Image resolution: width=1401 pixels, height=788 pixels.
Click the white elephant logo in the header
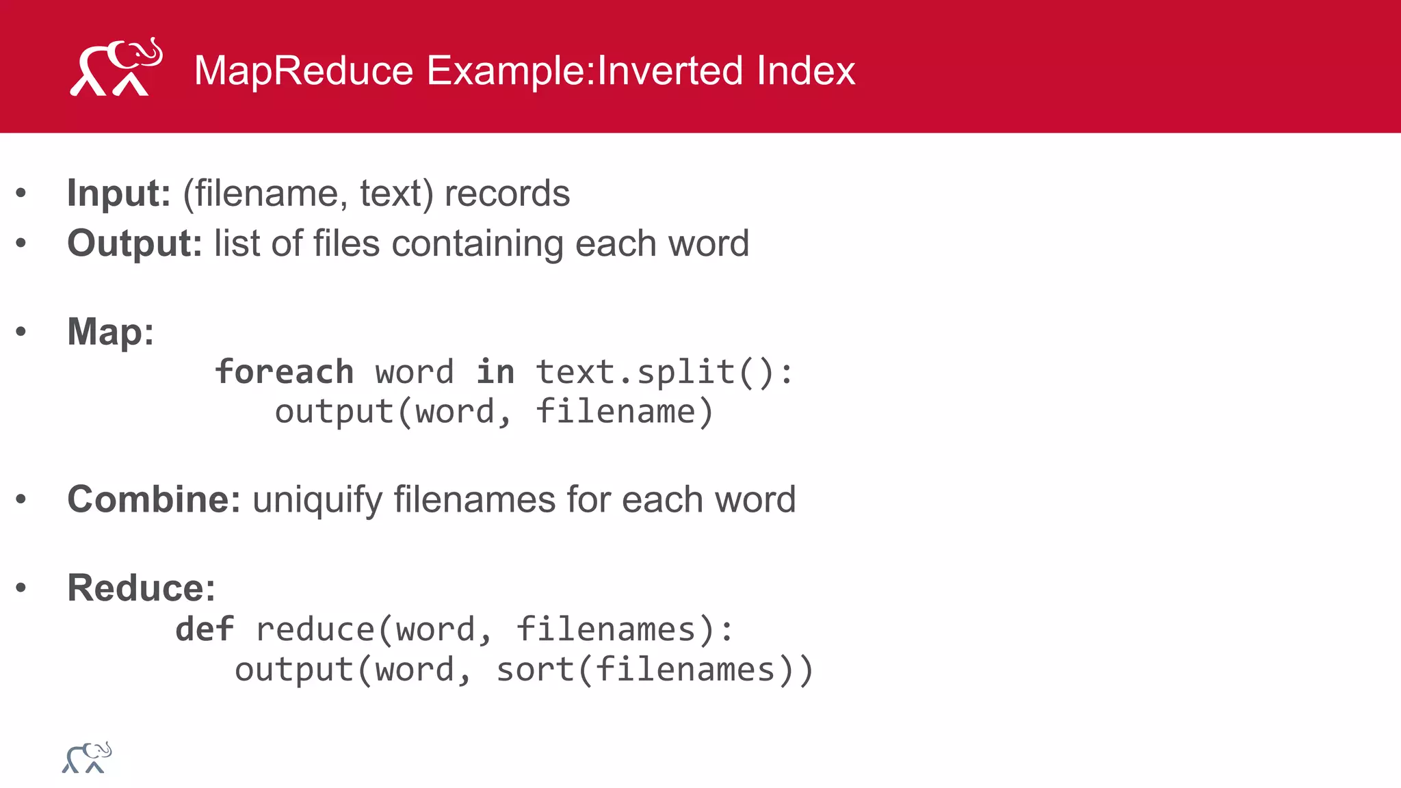pyautogui.click(x=116, y=68)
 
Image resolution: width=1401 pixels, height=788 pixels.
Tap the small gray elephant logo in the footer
pyautogui.click(x=87, y=758)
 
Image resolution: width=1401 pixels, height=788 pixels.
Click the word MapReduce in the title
pyautogui.click(x=304, y=70)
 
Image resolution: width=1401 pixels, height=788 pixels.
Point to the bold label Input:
pyautogui.click(x=118, y=194)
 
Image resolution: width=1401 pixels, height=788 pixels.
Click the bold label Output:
pyautogui.click(x=134, y=244)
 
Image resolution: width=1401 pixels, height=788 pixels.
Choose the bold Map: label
pyautogui.click(x=110, y=332)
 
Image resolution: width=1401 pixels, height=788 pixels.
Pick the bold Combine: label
pyautogui.click(x=153, y=499)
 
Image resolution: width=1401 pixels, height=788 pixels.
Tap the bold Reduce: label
pyautogui.click(x=141, y=588)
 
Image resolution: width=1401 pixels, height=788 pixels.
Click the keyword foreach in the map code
pyautogui.click(x=285, y=372)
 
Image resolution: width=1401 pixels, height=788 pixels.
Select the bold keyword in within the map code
pyautogui.click(x=495, y=372)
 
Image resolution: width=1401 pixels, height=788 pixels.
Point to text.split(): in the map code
pyautogui.click(x=664, y=373)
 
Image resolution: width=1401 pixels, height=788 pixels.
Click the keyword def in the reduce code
pyautogui.click(x=205, y=629)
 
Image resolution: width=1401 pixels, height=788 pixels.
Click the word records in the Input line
pyautogui.click(x=507, y=194)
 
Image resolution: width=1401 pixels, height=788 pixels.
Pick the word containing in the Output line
pyautogui.click(x=477, y=244)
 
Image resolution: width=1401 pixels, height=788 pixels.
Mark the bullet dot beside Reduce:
pyautogui.click(x=21, y=588)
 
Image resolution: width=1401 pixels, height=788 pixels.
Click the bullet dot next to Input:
pyautogui.click(x=21, y=194)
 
